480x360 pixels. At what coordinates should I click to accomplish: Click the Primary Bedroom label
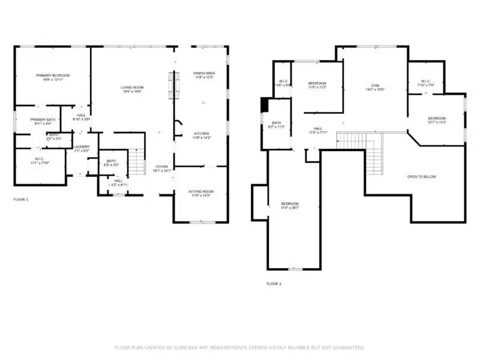coord(53,76)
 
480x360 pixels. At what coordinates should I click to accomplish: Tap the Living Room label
coord(133,88)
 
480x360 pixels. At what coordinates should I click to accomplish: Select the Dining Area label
coord(204,74)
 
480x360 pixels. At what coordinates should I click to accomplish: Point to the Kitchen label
coord(201,133)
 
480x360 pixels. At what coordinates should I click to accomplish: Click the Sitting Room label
coord(202,192)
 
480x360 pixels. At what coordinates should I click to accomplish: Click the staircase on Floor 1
coord(139,162)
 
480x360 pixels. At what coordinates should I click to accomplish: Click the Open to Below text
coord(421,176)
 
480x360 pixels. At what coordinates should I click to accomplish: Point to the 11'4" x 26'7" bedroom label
coord(290,204)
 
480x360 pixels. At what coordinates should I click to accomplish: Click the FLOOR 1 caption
coord(20,199)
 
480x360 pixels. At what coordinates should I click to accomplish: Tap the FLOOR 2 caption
coord(274,284)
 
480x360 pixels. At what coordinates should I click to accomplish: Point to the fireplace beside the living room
coord(175,86)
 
